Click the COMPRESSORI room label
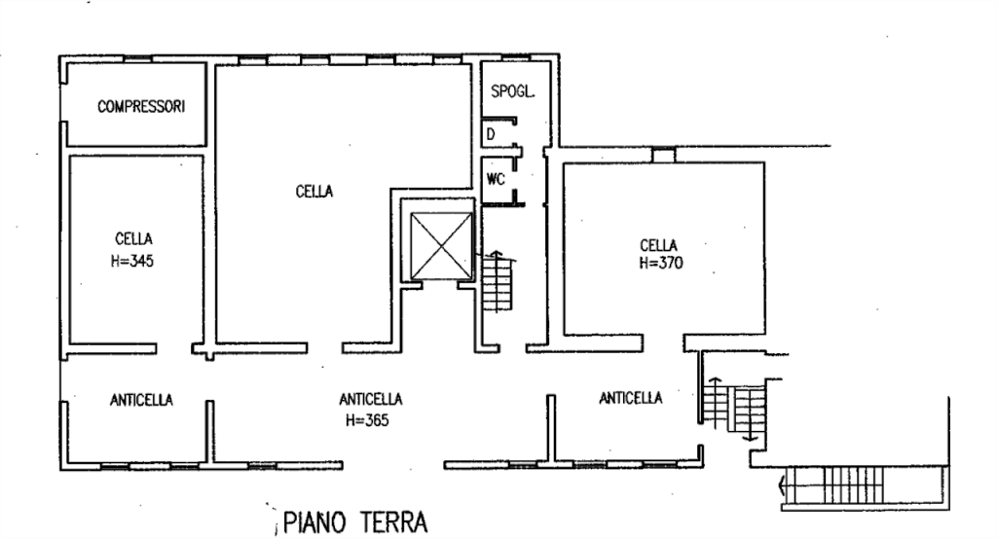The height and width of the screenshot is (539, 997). click(141, 106)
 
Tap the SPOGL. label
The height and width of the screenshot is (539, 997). click(512, 91)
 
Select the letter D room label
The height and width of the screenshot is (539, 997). click(491, 134)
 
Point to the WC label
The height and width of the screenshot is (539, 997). click(496, 179)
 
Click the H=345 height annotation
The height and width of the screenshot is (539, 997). click(132, 261)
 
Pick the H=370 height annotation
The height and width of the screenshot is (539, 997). click(661, 263)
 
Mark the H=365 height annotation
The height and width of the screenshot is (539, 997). click(367, 420)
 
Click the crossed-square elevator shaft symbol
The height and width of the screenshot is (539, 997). click(442, 246)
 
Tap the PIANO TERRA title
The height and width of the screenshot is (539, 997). click(355, 522)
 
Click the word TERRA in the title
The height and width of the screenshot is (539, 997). click(395, 522)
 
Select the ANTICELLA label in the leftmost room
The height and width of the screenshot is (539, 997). click(141, 400)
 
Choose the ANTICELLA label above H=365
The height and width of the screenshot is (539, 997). click(371, 399)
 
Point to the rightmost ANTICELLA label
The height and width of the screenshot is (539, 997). click(631, 398)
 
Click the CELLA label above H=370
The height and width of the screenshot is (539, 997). click(659, 245)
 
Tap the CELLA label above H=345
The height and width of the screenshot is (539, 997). click(133, 239)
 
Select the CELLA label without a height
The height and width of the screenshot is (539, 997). click(314, 192)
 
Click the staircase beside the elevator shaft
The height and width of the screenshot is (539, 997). click(498, 281)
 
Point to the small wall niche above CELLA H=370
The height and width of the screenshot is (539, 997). click(663, 155)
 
